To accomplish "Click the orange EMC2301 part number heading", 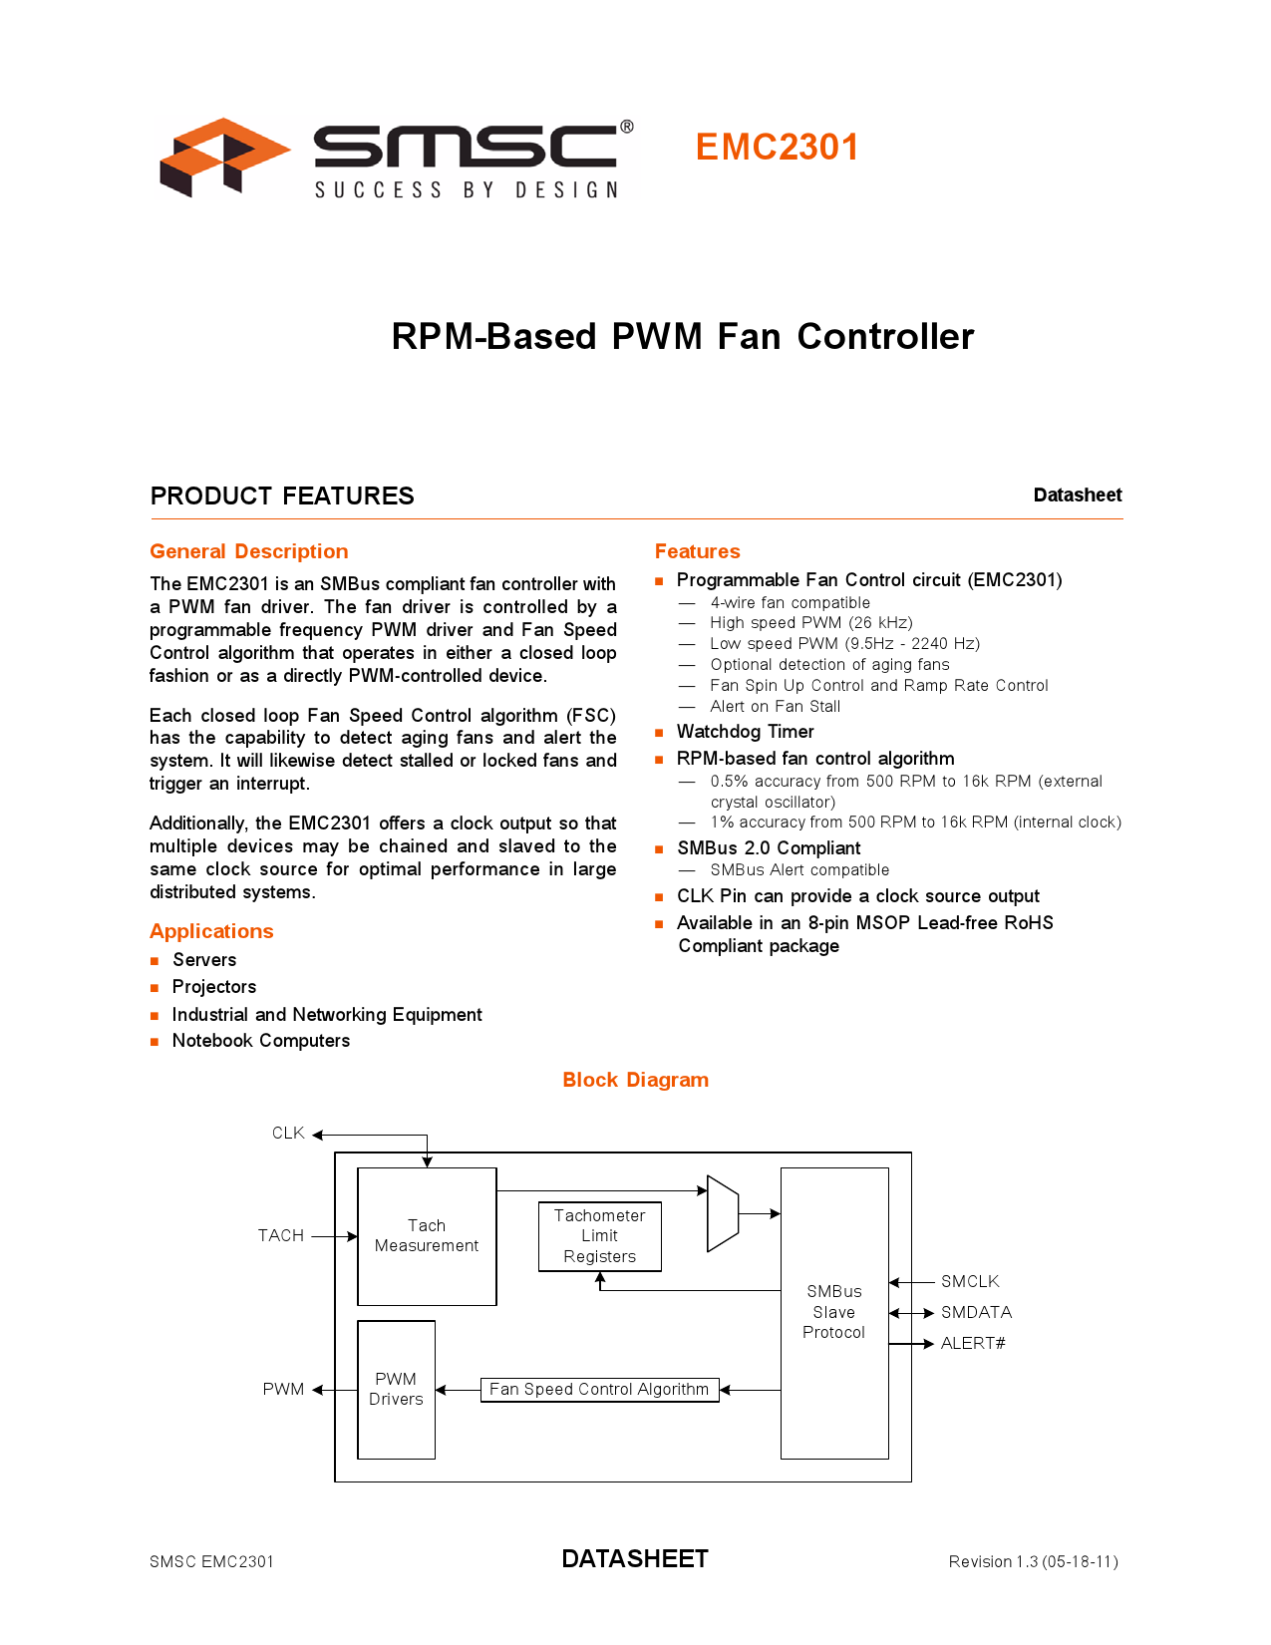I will tap(777, 148).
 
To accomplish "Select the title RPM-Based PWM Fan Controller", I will tap(683, 337).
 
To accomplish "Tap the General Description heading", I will tap(249, 551).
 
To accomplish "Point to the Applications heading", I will tap(211, 931).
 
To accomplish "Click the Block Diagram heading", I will tap(635, 1080).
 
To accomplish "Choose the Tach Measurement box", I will tap(427, 1236).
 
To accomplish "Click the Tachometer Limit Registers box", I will tap(599, 1236).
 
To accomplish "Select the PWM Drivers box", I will tap(396, 1389).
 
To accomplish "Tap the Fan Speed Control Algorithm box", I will tap(599, 1390).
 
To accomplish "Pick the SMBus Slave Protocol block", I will tap(834, 1312).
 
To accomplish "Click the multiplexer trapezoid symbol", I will tap(723, 1213).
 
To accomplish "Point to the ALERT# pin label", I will tap(973, 1344).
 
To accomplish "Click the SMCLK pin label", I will tap(970, 1282).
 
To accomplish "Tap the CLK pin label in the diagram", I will tap(288, 1134).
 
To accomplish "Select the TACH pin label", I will tap(281, 1236).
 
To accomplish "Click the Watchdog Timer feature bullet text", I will tap(746, 732).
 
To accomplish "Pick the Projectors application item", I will tap(214, 987).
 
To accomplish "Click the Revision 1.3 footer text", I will tap(1033, 1561).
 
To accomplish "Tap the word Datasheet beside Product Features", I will tap(1078, 495).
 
